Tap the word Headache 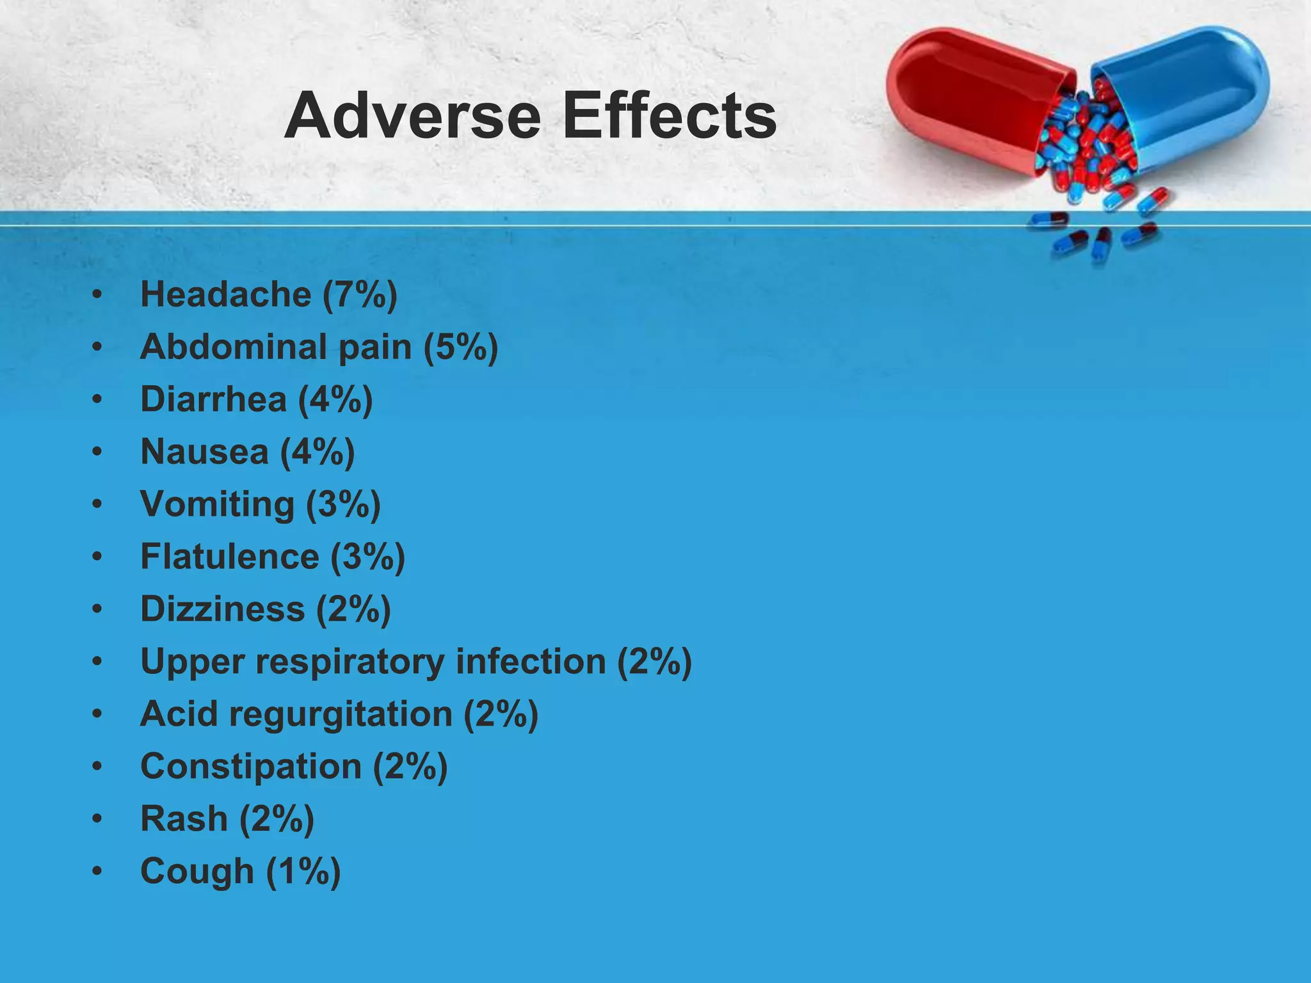click(225, 294)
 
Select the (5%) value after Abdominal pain click(460, 348)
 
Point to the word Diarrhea click(213, 399)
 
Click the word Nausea click(204, 452)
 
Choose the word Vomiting click(217, 504)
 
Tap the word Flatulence click(229, 556)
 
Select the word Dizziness click(222, 609)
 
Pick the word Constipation click(251, 767)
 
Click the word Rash click(184, 819)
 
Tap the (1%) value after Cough click(303, 872)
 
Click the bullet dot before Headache click(97, 295)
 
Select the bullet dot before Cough click(97, 872)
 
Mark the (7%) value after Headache click(360, 295)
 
